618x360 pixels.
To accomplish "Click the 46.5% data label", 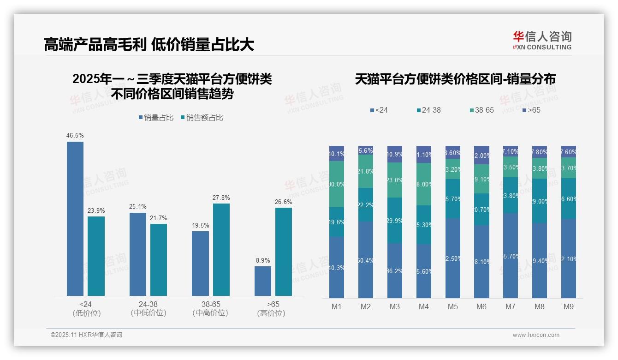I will [x=75, y=136].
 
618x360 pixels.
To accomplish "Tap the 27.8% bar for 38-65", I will [x=221, y=249].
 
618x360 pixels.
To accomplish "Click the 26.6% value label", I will [x=284, y=202].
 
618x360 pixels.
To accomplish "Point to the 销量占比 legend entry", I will [x=156, y=118].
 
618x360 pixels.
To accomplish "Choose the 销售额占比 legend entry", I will [x=202, y=118].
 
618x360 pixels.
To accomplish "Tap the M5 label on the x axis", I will [x=452, y=307].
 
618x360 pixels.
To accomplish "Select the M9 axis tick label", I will [x=568, y=307].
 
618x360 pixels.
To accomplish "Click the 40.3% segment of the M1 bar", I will [x=337, y=267].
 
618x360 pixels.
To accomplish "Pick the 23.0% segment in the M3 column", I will [x=394, y=180].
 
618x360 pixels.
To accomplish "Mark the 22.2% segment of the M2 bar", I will [x=365, y=204].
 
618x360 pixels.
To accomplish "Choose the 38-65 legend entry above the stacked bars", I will [x=482, y=110].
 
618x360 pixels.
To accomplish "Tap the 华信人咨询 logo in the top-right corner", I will [x=542, y=40].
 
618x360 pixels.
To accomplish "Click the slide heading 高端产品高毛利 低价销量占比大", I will [x=149, y=45].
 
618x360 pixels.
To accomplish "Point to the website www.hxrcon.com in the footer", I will [x=536, y=335].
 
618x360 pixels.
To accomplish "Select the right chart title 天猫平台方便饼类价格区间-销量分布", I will [x=455, y=79].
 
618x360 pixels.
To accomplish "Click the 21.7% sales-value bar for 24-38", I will [x=159, y=259].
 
